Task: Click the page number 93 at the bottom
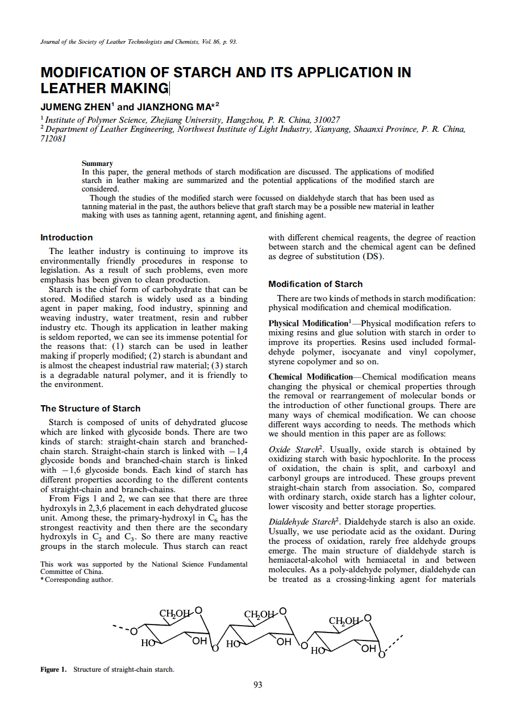point(257,685)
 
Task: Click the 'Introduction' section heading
point(66,238)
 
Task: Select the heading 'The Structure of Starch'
point(90,409)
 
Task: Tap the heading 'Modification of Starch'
point(315,284)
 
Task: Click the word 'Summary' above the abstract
point(97,164)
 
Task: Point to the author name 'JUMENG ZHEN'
point(76,107)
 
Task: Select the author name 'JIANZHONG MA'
point(173,107)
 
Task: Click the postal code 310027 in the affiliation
point(324,119)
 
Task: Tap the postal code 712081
point(53,139)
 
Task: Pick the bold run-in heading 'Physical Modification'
point(307,323)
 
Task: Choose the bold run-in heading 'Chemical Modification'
point(310,377)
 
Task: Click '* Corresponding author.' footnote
point(77,580)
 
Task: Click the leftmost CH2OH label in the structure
point(175,614)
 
